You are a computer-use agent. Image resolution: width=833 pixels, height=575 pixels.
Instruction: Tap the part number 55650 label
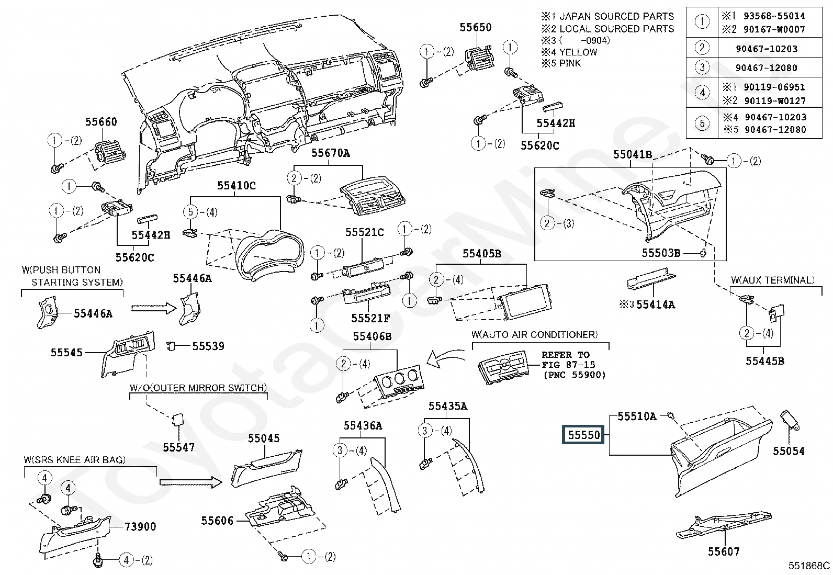click(476, 27)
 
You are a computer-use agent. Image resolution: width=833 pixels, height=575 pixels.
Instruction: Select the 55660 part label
click(101, 122)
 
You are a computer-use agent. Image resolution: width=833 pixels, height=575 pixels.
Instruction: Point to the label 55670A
click(331, 153)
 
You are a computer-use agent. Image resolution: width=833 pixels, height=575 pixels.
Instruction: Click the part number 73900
click(140, 527)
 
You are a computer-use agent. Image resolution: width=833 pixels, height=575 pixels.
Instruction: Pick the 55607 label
click(724, 551)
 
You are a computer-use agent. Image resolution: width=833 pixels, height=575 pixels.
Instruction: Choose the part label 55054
click(789, 451)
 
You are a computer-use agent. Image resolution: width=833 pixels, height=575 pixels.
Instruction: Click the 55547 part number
click(178, 447)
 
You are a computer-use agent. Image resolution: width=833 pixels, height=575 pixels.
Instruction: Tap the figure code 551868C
click(809, 566)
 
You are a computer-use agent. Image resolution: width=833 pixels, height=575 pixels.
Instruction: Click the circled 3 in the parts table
click(702, 67)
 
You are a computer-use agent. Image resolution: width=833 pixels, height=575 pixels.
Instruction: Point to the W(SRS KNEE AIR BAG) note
click(75, 460)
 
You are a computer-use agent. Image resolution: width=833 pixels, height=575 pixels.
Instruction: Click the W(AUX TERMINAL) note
click(773, 280)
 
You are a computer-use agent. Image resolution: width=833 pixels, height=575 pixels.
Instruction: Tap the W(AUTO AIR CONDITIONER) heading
click(534, 334)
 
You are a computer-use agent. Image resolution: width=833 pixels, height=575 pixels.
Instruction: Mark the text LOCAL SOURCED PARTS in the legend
click(617, 29)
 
